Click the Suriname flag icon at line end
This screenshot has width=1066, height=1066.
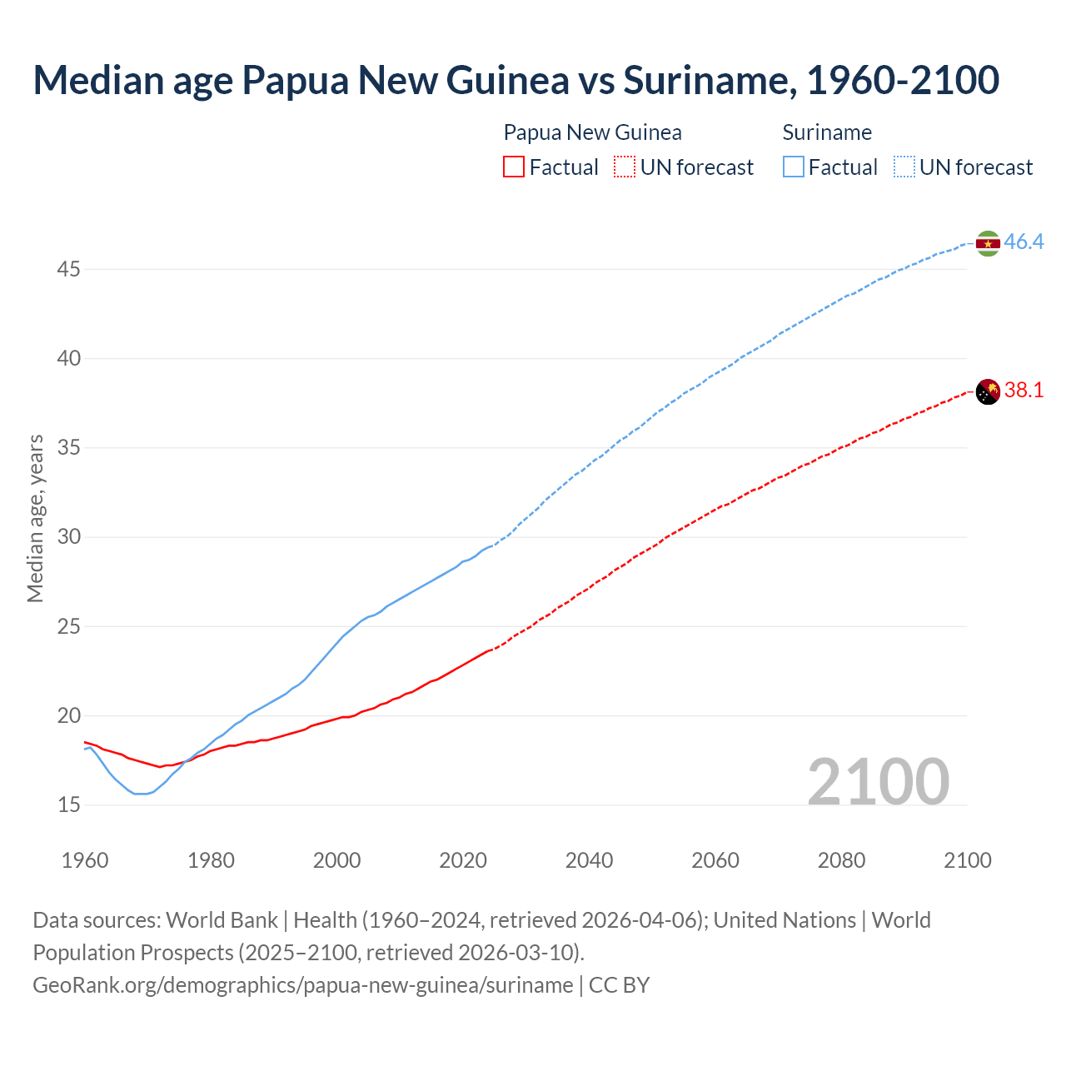(988, 243)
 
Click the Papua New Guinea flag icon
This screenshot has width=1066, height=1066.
(988, 391)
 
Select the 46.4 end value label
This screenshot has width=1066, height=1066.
(1024, 242)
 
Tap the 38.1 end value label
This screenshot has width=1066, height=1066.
(1024, 390)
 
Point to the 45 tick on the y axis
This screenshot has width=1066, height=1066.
(69, 269)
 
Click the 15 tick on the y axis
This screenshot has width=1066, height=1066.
(69, 804)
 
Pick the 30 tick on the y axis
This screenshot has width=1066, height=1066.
(69, 536)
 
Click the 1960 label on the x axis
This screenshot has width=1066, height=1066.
(85, 860)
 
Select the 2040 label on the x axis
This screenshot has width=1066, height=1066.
(589, 860)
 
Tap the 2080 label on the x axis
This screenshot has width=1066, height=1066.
(841, 860)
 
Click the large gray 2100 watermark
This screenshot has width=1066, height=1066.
(878, 781)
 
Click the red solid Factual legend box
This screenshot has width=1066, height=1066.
(514, 167)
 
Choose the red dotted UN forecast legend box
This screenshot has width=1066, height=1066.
(625, 167)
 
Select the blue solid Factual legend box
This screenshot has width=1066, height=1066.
(794, 167)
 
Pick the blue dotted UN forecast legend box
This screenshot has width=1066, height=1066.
(904, 167)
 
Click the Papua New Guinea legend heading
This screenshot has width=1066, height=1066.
(592, 132)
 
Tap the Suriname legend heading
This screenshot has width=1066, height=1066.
(827, 132)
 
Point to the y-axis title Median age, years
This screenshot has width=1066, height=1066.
(35, 518)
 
